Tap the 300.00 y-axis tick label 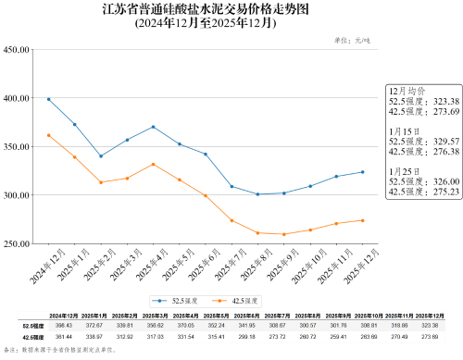[18, 195]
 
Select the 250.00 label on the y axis [18, 244]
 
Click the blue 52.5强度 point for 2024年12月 [48, 100]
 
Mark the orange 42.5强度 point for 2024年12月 [48, 135]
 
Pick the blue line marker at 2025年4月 [153, 127]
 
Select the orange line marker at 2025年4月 [153, 164]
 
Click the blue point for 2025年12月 [362, 172]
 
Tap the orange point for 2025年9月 [283, 234]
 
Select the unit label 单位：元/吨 [351, 41]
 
